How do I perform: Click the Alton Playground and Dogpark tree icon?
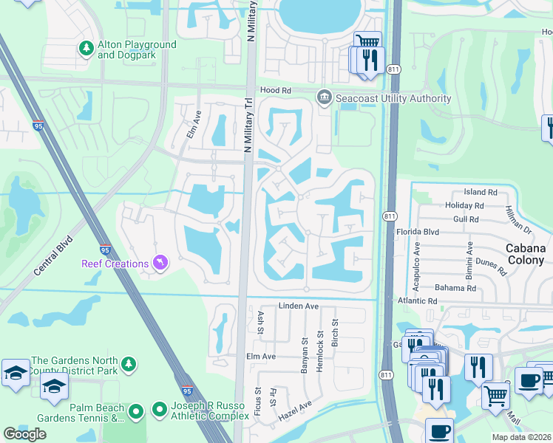[x=86, y=49]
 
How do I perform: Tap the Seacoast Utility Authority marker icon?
[x=324, y=97]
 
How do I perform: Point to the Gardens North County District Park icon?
[x=129, y=365]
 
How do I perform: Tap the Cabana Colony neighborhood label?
[x=529, y=255]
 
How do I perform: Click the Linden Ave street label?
[x=298, y=306]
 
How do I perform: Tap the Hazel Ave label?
[x=295, y=412]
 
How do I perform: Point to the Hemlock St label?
[x=319, y=354]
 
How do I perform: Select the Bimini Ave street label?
[x=469, y=258]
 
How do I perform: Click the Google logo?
[x=25, y=433]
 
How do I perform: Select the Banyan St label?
[x=305, y=354]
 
